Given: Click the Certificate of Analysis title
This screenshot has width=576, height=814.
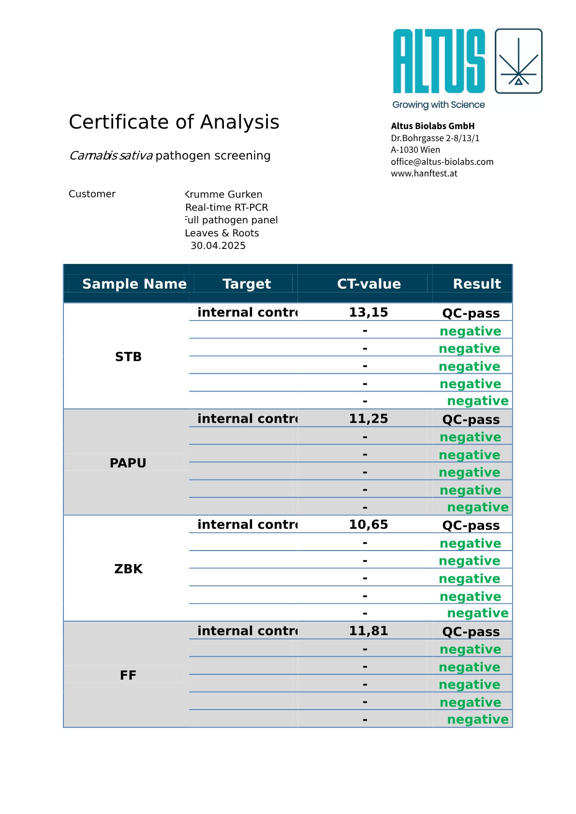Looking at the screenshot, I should coord(174,122).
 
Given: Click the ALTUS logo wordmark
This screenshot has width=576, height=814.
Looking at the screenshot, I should coord(439,61).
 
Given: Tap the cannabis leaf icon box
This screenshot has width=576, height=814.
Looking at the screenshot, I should coord(518,61).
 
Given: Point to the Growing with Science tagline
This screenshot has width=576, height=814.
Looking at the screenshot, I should coord(438,104).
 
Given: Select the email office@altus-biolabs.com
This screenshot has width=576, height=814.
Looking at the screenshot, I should coord(442,161).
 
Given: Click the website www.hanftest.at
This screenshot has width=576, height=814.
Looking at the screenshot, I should coord(424,173).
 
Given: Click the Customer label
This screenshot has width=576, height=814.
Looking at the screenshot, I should coord(92,194).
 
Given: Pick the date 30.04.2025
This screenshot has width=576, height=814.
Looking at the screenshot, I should coord(218,246).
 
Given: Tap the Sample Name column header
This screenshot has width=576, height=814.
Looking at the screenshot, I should coord(134,284).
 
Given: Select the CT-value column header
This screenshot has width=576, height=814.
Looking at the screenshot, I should coord(369,284).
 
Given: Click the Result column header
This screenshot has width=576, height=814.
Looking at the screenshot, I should coord(477,284).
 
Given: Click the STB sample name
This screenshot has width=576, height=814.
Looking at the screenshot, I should coord(128,357).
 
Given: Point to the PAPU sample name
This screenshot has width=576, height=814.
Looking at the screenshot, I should coord(128,463).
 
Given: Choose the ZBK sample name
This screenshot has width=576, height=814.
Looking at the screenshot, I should coord(128,569).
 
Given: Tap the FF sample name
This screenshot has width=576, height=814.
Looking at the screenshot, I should coord(128,675).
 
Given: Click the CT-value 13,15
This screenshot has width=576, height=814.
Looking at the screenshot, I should coord(369,312).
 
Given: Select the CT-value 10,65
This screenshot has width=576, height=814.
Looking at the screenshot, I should coord(369,524).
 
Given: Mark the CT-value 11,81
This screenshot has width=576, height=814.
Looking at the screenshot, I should coord(369,631).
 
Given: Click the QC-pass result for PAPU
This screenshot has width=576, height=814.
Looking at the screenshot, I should coord(471,420).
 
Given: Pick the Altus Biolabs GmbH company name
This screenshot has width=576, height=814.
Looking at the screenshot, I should coord(432,126).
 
